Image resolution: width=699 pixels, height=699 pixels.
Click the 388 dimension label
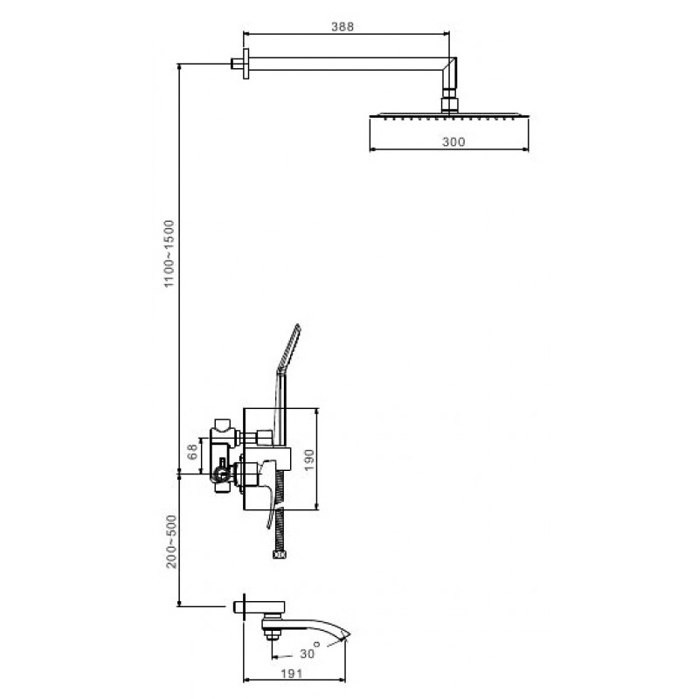point(343,27)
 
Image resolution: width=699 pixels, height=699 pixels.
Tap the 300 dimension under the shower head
point(453,142)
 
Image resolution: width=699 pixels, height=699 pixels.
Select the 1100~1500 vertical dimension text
point(170,253)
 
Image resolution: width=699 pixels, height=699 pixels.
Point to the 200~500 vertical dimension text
point(171,541)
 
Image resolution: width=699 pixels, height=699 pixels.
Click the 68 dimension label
point(192,452)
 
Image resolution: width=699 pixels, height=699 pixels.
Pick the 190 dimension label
point(308,460)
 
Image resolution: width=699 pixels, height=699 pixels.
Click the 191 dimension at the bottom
point(292,673)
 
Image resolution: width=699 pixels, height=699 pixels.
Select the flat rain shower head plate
point(449,115)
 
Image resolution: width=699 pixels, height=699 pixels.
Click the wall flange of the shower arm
point(246,64)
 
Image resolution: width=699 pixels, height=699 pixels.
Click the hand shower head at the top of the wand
point(289,347)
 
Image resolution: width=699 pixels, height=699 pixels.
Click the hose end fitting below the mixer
point(280,555)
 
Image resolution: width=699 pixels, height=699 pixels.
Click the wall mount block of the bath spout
point(260,606)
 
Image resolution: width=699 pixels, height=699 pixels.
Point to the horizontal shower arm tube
point(345,64)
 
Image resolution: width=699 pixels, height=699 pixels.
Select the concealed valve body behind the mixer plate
point(223,455)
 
